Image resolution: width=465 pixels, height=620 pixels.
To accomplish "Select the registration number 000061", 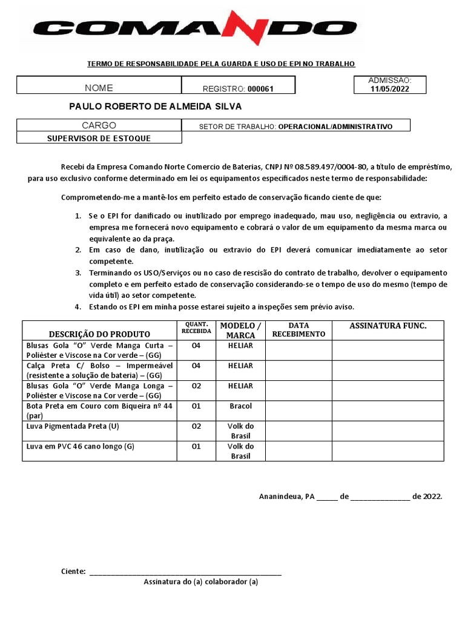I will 260,89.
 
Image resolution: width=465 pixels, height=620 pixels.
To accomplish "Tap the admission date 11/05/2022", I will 390,88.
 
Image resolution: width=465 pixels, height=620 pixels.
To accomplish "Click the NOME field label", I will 99,88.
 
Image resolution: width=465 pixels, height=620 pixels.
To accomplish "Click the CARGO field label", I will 99,126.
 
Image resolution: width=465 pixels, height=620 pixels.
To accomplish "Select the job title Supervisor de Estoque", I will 99,138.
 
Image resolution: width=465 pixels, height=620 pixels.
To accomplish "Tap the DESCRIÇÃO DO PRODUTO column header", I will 99,334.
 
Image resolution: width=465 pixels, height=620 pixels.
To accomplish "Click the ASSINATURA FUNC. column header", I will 387,326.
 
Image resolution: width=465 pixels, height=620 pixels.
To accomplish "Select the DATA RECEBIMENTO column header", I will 298,330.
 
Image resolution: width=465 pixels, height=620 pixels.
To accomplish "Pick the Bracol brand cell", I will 240,406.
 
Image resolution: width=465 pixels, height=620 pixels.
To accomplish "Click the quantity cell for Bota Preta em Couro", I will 196,406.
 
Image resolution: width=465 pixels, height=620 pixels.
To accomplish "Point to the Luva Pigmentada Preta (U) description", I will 73,426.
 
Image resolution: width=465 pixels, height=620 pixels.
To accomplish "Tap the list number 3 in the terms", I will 78,273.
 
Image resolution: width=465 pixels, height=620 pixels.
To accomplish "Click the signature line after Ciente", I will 185,572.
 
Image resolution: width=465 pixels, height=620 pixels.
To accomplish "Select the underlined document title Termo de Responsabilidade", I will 221,64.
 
